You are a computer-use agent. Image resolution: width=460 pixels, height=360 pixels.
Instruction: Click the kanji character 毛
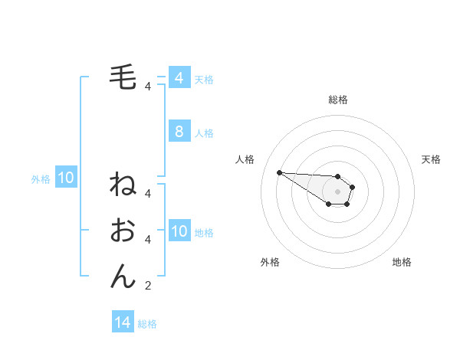(123, 78)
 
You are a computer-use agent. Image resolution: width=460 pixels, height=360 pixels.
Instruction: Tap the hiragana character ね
(123, 185)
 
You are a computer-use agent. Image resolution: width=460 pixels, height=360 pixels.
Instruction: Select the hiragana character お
(123, 231)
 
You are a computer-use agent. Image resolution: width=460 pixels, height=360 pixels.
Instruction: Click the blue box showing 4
(179, 78)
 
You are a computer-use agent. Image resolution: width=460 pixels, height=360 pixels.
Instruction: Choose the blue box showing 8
(179, 132)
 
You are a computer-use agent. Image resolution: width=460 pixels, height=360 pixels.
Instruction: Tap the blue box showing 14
(123, 323)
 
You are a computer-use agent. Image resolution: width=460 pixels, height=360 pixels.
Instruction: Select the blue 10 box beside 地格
(179, 231)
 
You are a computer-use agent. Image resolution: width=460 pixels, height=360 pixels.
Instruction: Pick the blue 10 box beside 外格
(66, 178)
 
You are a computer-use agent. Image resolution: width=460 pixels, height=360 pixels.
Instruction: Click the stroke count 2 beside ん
(148, 286)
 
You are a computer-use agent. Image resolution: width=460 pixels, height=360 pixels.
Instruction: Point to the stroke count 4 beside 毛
(148, 87)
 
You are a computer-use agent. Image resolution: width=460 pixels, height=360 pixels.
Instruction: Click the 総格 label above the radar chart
(338, 100)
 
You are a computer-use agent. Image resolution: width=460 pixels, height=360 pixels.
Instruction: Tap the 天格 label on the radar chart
(431, 159)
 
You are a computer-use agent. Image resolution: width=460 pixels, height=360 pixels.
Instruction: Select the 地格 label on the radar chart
(402, 262)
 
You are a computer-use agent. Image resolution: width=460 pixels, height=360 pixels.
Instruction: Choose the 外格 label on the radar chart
(270, 262)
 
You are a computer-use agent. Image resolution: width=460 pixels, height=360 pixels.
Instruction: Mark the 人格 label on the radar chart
(245, 159)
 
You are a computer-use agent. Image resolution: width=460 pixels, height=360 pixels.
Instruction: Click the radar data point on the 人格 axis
(279, 172)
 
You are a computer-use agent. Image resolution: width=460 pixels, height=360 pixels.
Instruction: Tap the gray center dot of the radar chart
(338, 191)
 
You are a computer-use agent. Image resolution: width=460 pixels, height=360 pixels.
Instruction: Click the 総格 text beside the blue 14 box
(147, 324)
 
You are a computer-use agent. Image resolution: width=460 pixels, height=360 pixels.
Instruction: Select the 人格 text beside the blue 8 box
(204, 133)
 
